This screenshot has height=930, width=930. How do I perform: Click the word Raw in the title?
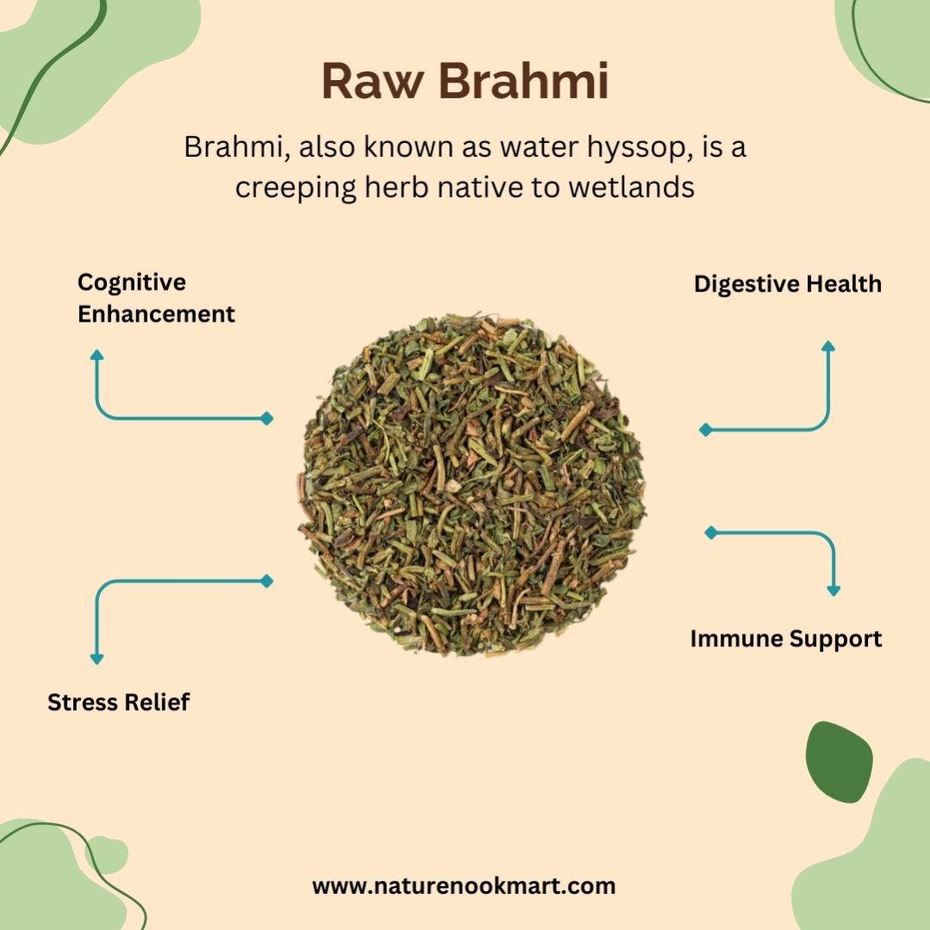click(374, 81)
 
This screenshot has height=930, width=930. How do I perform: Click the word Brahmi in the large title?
click(524, 81)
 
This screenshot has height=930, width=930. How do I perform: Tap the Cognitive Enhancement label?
click(156, 297)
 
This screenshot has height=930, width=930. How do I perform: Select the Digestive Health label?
click(788, 284)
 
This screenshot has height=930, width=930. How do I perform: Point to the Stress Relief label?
click(119, 702)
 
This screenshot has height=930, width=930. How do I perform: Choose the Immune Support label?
click(786, 640)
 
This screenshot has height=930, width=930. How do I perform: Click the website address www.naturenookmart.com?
click(464, 886)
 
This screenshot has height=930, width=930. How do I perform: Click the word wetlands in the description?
click(631, 187)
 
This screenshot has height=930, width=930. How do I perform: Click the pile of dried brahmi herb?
click(471, 484)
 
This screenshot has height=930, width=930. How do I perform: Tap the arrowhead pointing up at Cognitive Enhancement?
click(97, 355)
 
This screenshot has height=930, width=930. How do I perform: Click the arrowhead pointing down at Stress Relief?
click(97, 659)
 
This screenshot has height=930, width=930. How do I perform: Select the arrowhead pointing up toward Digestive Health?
click(828, 346)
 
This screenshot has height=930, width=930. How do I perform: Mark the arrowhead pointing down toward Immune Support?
click(833, 590)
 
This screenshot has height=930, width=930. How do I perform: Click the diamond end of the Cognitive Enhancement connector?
click(267, 418)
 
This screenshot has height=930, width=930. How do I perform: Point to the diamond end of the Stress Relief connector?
click(267, 581)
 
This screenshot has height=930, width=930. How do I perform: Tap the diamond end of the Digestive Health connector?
click(705, 429)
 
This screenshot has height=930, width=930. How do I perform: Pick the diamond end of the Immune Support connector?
click(710, 532)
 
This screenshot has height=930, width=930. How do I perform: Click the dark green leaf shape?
click(839, 762)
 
